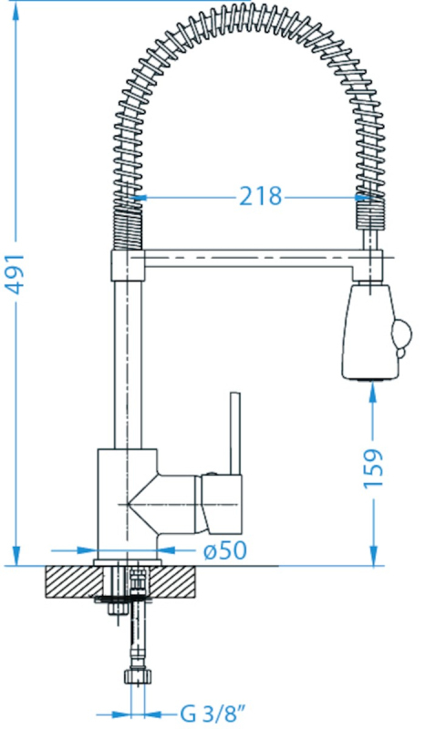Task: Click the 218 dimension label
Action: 261,196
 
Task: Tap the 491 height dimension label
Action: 15,274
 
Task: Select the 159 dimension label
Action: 373,468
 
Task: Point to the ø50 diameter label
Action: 225,550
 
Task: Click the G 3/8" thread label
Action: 213,714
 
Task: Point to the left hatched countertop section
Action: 75,582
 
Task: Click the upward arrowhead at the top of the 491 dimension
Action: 16,13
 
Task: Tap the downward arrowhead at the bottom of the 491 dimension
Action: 16,556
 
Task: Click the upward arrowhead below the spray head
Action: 373,392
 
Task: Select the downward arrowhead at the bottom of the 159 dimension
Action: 373,556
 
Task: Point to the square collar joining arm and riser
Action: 128,265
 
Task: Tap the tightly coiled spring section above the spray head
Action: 370,213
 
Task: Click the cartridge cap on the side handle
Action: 222,504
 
